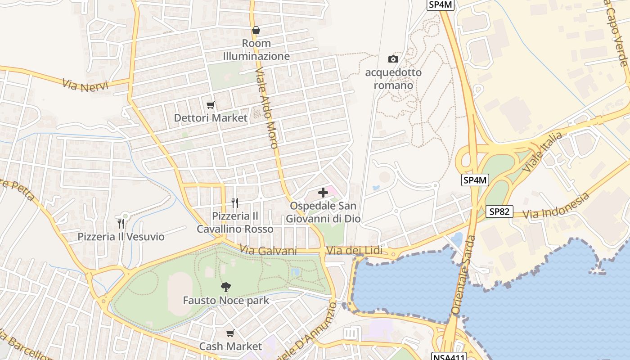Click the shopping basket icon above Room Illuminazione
(x=256, y=30)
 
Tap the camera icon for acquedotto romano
(x=393, y=59)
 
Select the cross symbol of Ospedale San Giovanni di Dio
(x=323, y=193)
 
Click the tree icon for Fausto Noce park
(x=226, y=287)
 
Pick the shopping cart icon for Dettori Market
(x=210, y=105)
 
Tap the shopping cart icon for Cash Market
(x=230, y=333)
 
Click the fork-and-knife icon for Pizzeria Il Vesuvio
(x=121, y=223)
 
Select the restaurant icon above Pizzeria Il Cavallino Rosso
(x=234, y=203)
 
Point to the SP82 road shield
(x=499, y=211)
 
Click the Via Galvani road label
(x=268, y=250)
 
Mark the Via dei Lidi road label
(x=354, y=251)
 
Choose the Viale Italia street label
(x=542, y=152)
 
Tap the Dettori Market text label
(x=211, y=118)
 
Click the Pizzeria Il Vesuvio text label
(x=121, y=237)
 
